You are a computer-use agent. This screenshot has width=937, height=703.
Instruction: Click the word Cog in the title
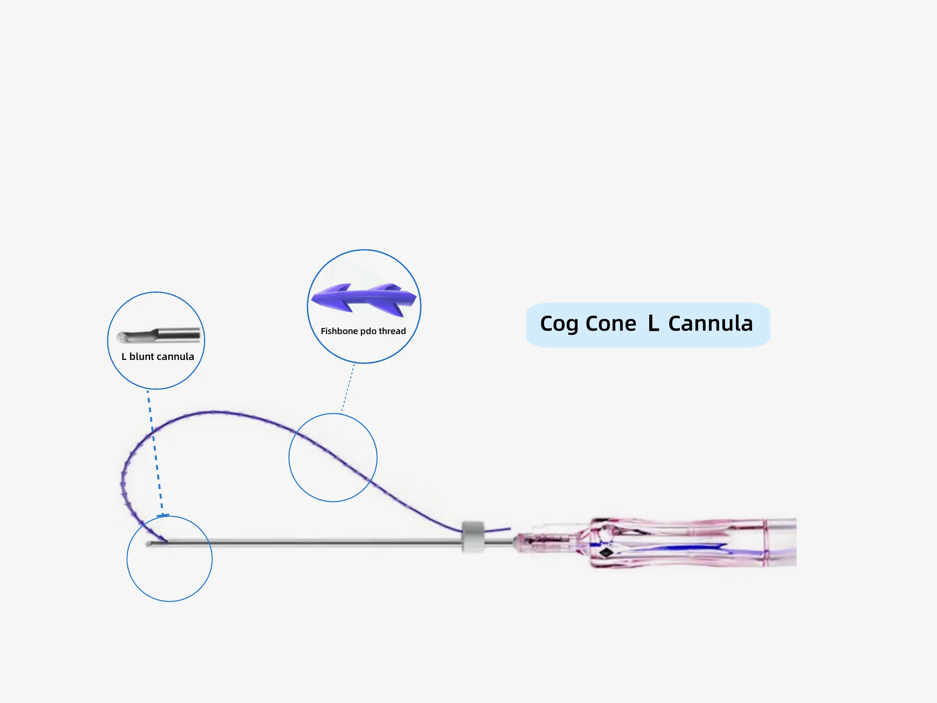point(559,325)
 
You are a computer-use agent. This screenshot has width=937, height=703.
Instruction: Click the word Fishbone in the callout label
point(339,331)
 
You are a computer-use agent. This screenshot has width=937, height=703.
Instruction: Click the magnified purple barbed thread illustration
point(364,299)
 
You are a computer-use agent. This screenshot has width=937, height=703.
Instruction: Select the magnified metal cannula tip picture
point(158,335)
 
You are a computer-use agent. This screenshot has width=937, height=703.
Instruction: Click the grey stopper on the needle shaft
point(473,537)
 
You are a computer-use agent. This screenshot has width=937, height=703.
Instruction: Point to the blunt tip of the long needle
point(149,544)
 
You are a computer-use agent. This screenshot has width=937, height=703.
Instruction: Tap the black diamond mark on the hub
point(606,552)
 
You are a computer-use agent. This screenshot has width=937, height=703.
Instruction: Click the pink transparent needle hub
point(678,543)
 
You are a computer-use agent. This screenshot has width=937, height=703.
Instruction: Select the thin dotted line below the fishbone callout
point(348,388)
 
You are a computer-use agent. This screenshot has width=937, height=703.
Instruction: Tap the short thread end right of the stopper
point(498,530)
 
